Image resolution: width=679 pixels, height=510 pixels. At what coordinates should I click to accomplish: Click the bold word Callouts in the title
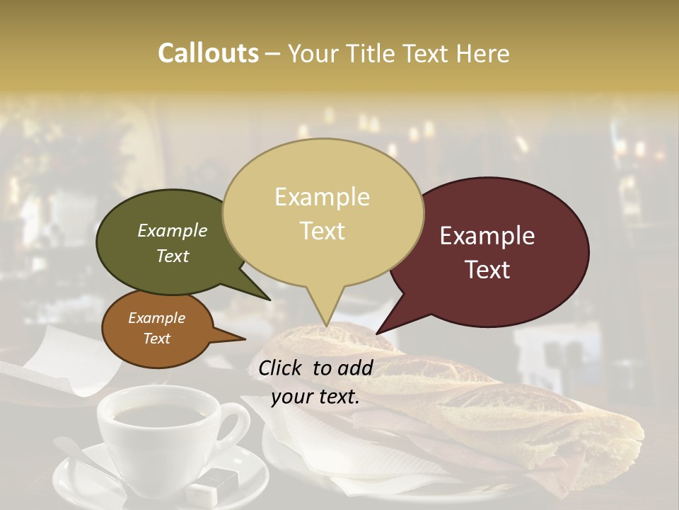(x=208, y=53)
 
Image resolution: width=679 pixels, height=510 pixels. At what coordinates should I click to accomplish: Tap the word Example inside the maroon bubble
(x=487, y=236)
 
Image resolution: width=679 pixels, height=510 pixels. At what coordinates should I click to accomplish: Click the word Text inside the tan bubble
(x=323, y=231)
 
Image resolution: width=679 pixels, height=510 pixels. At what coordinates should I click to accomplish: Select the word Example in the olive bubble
(x=173, y=231)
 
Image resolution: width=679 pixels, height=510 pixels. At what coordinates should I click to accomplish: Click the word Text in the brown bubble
(x=157, y=339)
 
